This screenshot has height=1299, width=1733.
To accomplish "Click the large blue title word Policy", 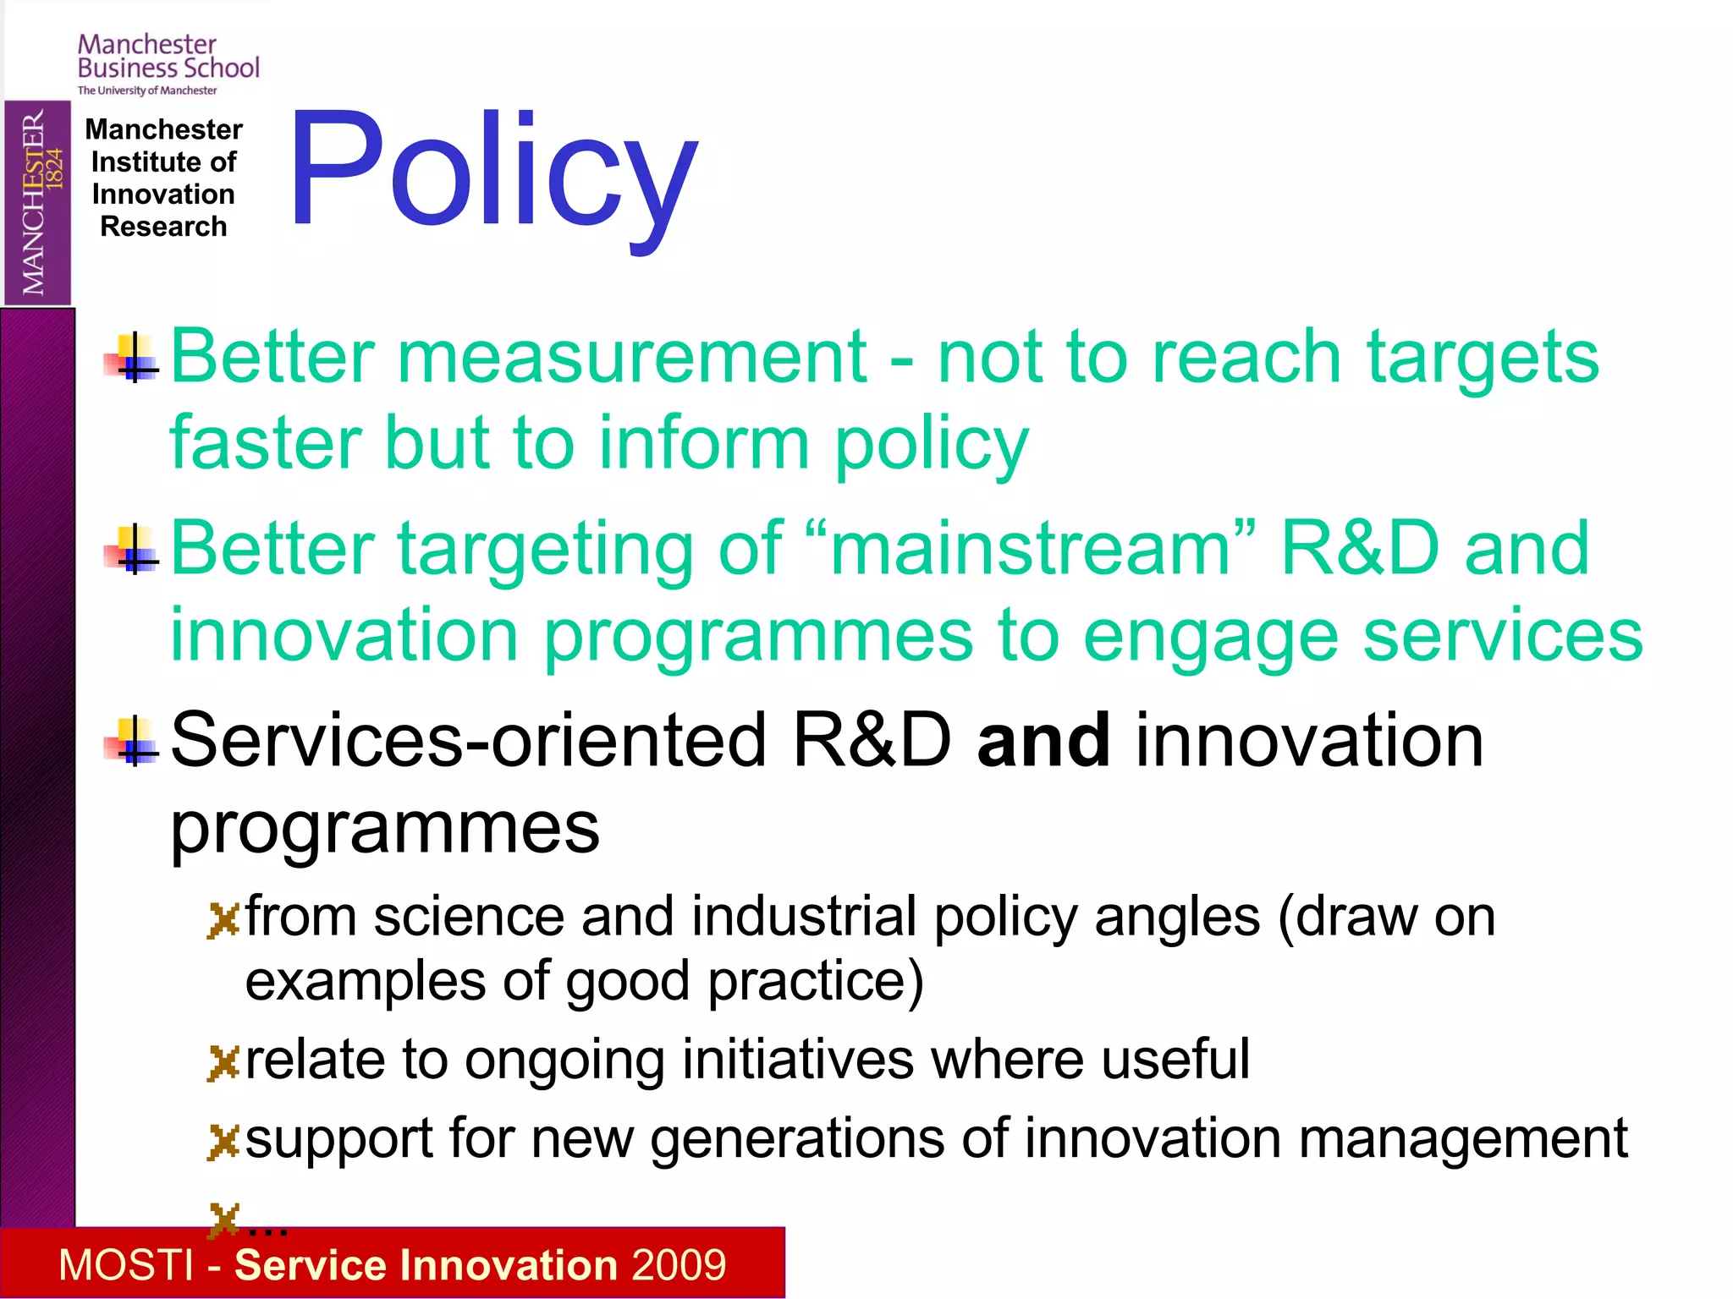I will click(x=493, y=173).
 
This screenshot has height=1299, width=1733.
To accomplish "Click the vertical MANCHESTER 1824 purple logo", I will click(x=37, y=202).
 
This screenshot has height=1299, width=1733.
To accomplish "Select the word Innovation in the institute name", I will click(x=163, y=195).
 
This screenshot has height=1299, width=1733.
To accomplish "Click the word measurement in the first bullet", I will click(x=632, y=357).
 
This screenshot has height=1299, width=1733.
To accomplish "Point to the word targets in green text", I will click(x=1483, y=357).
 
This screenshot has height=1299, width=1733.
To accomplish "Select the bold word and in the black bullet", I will click(x=1043, y=741).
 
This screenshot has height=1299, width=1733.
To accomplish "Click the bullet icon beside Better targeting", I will click(x=133, y=550).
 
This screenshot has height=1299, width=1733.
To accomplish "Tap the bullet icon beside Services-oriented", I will click(x=133, y=742).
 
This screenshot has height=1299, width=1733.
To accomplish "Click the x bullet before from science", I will click(x=223, y=921).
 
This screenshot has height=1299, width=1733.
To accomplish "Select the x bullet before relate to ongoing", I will click(x=223, y=1063).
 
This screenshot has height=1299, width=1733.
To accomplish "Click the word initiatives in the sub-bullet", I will click(x=797, y=1060).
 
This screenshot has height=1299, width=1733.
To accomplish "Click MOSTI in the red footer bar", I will click(x=126, y=1265).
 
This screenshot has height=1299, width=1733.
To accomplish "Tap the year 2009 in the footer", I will click(x=678, y=1265).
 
